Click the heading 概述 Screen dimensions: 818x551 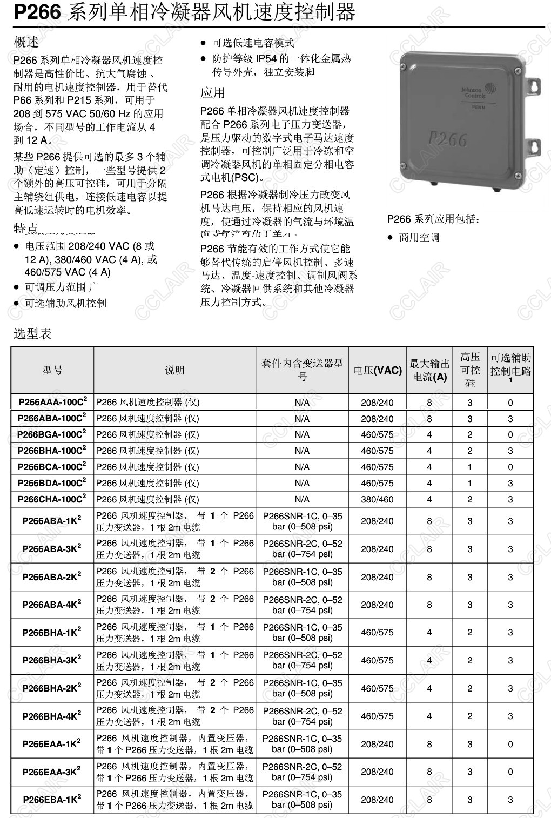[26, 42]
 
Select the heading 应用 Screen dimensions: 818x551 [212, 92]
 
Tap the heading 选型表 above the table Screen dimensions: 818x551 [32, 333]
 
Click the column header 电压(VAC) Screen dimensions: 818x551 [378, 370]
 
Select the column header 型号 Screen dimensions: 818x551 [52, 370]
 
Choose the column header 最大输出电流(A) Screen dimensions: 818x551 [429, 370]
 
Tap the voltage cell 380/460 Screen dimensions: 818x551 [377, 499]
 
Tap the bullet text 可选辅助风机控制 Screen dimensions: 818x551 [65, 303]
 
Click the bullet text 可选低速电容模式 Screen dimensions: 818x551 [253, 43]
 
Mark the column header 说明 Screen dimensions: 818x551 [174, 370]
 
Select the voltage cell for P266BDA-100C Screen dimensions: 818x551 [377, 483]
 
